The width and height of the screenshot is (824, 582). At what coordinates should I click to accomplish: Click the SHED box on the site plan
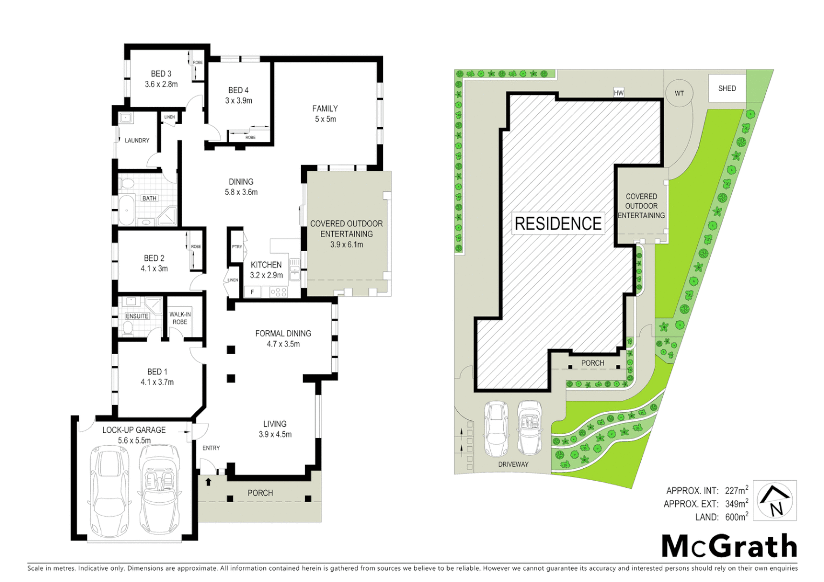[726, 88]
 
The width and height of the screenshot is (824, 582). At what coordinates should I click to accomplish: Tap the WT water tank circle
[679, 93]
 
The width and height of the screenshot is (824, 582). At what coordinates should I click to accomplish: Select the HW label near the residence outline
[619, 93]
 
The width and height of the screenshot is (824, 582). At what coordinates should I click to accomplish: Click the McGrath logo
[729, 546]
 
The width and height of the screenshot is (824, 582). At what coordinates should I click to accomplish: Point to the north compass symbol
[774, 501]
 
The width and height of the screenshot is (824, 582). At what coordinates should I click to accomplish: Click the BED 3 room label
[161, 79]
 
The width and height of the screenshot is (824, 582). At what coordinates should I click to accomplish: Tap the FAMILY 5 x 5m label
[325, 114]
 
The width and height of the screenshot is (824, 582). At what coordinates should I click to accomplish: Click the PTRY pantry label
[237, 247]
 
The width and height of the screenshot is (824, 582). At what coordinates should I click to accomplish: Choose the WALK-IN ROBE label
[180, 318]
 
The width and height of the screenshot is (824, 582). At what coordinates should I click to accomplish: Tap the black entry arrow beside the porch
[208, 482]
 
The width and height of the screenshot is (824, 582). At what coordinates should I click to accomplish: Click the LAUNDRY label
[137, 140]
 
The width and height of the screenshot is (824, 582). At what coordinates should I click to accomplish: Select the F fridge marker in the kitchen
[252, 292]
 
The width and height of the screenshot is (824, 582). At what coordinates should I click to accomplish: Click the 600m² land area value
[736, 517]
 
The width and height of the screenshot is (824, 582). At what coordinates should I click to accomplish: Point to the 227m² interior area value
[736, 490]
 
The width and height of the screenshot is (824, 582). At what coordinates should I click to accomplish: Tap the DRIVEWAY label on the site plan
[513, 464]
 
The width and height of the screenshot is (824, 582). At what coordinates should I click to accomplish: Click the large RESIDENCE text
[558, 224]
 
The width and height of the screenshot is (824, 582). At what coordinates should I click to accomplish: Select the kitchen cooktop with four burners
[278, 292]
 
